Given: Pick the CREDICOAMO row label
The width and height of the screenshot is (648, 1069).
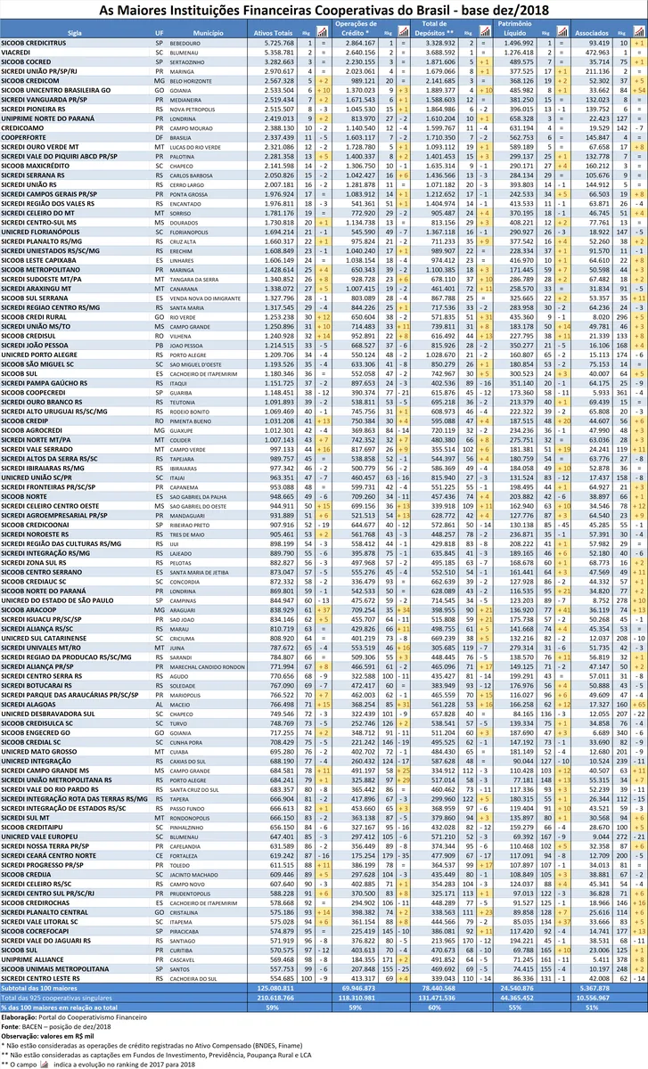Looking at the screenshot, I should tap(24, 129).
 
